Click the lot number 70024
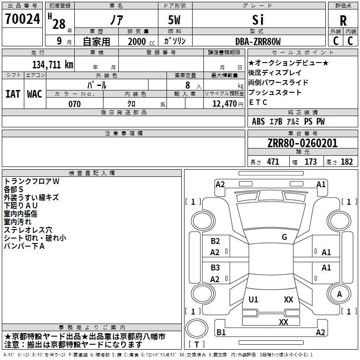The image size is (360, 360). coord(22,19)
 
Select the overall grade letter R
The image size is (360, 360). coord(343,21)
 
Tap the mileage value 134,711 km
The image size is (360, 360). coord(53,64)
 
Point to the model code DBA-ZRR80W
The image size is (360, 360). coord(258,41)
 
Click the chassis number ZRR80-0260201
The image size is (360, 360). coord(302,143)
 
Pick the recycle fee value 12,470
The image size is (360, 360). coord(224,103)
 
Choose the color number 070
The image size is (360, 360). coord(75,104)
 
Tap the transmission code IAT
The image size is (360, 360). coord(13,94)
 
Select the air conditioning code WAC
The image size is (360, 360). coord(35,94)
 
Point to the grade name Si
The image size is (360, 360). coord(258,20)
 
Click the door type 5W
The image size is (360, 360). coord(174,20)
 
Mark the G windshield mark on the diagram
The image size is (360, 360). coord(284,237)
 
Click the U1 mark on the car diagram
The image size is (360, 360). coord(253,299)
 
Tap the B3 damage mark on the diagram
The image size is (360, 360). coord(215,267)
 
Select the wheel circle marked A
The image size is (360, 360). coord(339,294)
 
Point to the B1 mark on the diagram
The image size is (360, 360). coord(221,332)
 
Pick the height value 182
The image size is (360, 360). coord(346,162)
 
